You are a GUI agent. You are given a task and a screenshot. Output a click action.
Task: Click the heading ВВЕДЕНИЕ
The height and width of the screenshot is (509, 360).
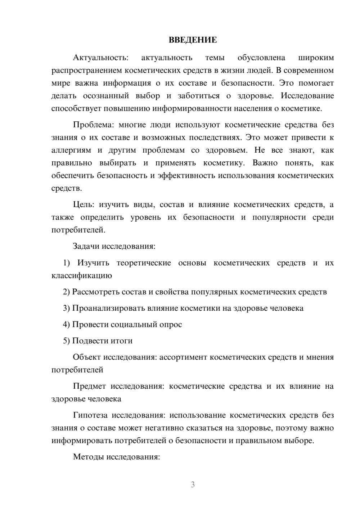click(193, 40)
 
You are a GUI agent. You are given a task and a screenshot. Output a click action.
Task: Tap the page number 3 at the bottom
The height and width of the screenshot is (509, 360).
click(193, 485)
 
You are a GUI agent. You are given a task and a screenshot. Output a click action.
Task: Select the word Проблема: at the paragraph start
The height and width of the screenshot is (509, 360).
click(93, 125)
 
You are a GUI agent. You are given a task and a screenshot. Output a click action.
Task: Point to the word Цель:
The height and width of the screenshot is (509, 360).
click(84, 205)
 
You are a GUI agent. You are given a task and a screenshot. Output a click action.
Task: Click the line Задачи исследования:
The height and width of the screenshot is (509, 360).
click(114, 247)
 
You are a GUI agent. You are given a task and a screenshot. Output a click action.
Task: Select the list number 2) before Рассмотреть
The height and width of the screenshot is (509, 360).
click(66, 292)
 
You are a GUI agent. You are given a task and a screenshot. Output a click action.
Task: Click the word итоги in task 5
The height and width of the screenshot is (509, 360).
click(120, 341)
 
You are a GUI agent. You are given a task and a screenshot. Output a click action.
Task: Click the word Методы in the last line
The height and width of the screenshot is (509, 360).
click(87, 457)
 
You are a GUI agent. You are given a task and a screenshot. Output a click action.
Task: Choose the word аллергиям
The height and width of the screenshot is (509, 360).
click(71, 150)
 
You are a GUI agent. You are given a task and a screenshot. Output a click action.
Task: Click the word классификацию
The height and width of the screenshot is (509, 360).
click(81, 276)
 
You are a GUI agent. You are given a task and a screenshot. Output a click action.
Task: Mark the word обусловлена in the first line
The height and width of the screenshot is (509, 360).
click(261, 58)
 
